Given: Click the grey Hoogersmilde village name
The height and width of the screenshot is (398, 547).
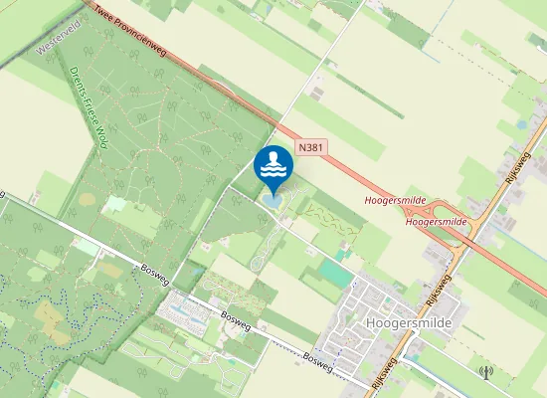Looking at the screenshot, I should [x=409, y=324].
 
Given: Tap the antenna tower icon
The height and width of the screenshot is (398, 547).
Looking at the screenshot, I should [x=485, y=373].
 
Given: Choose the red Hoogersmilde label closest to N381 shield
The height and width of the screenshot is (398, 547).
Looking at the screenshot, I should [x=396, y=201].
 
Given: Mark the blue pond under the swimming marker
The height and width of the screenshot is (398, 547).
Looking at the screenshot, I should [x=273, y=203].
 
